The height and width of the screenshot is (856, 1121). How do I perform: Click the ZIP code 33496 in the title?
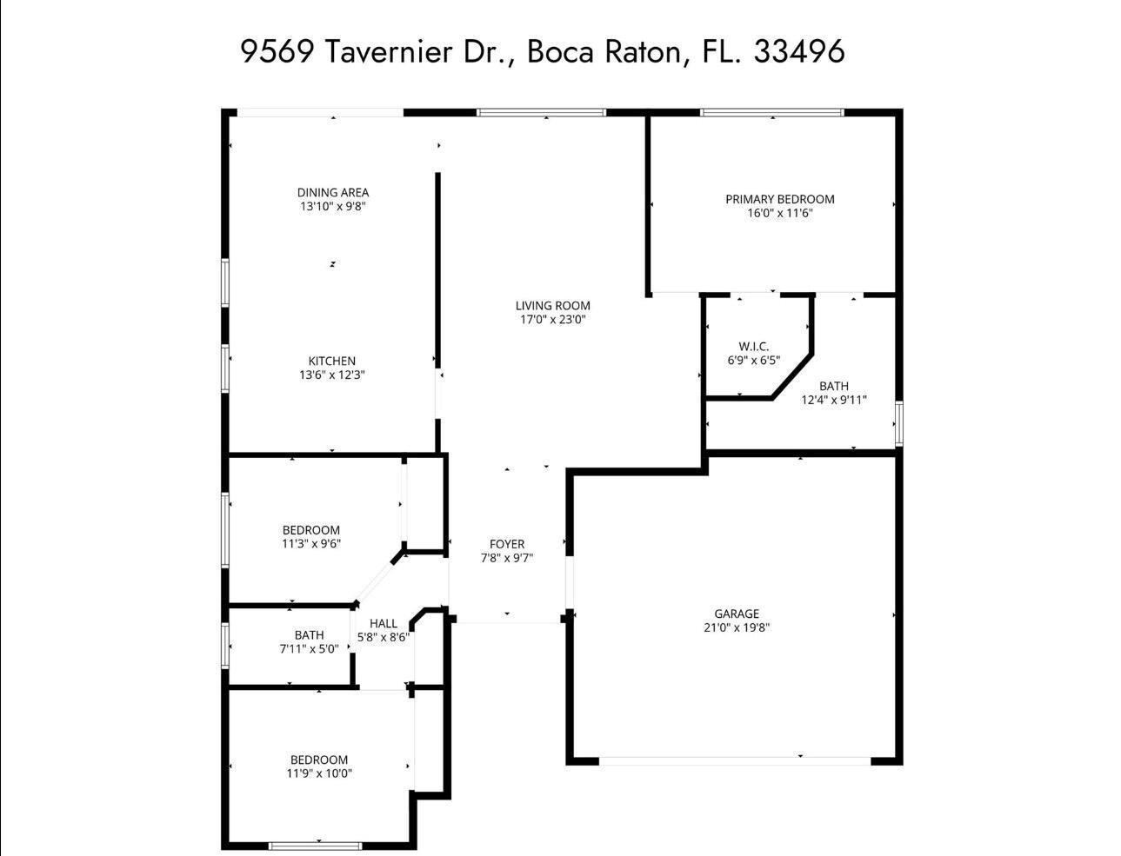[x=798, y=51]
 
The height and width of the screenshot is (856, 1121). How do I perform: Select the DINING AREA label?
[x=333, y=193]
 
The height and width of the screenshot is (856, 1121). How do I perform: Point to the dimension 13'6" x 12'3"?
[x=331, y=375]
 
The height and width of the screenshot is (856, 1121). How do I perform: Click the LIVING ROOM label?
[x=552, y=305]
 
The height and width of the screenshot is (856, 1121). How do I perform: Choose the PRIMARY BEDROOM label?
[x=779, y=199]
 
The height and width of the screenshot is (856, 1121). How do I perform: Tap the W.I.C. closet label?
[x=753, y=346]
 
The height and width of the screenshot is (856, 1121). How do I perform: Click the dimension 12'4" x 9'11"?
[x=833, y=401]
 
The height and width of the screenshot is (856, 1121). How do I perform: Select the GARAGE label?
[x=736, y=614]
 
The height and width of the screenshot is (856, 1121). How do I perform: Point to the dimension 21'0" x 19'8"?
[x=736, y=627]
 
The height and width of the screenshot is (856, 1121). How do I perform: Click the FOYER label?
[x=506, y=544]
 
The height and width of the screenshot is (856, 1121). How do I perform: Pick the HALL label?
[x=383, y=623]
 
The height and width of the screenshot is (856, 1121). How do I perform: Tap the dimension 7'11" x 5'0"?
[x=309, y=648]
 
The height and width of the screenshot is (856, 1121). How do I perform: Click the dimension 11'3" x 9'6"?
[x=310, y=544]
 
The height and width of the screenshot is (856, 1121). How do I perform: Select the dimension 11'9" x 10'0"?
[x=319, y=773]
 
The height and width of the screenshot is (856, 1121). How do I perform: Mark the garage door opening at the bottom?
[x=735, y=760]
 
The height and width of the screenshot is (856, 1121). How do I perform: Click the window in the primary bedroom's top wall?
[x=772, y=112]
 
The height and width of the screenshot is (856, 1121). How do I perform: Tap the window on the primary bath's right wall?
[x=898, y=423]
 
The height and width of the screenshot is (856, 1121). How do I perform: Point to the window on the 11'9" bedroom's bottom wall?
[x=315, y=845]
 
